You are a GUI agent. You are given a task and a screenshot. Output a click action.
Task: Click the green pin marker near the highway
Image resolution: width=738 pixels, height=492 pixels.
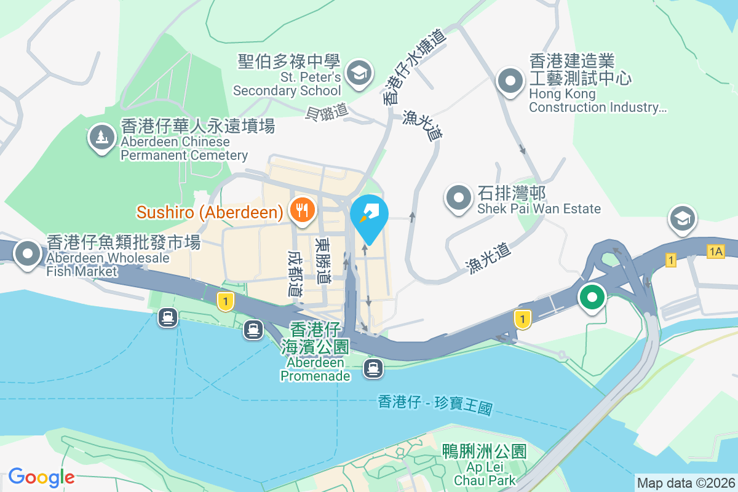592,298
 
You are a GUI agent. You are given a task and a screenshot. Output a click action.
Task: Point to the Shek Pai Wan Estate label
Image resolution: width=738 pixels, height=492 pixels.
539,201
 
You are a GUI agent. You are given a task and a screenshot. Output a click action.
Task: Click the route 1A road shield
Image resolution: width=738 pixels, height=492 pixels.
715,251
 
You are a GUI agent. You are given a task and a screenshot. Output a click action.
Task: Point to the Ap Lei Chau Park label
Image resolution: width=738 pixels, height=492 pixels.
485,466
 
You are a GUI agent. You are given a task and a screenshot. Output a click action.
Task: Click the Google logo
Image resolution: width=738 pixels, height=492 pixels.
41,477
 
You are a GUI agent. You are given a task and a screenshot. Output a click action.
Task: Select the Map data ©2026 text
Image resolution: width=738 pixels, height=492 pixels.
685,483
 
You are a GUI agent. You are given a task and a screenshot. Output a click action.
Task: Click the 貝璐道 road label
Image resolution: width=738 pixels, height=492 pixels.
327,111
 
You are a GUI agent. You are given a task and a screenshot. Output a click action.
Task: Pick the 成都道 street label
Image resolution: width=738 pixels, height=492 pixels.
295,273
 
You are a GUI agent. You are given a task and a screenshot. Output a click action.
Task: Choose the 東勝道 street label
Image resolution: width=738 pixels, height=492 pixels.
322,261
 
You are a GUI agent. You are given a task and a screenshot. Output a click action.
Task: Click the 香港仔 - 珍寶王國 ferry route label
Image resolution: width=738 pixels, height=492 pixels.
435,404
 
